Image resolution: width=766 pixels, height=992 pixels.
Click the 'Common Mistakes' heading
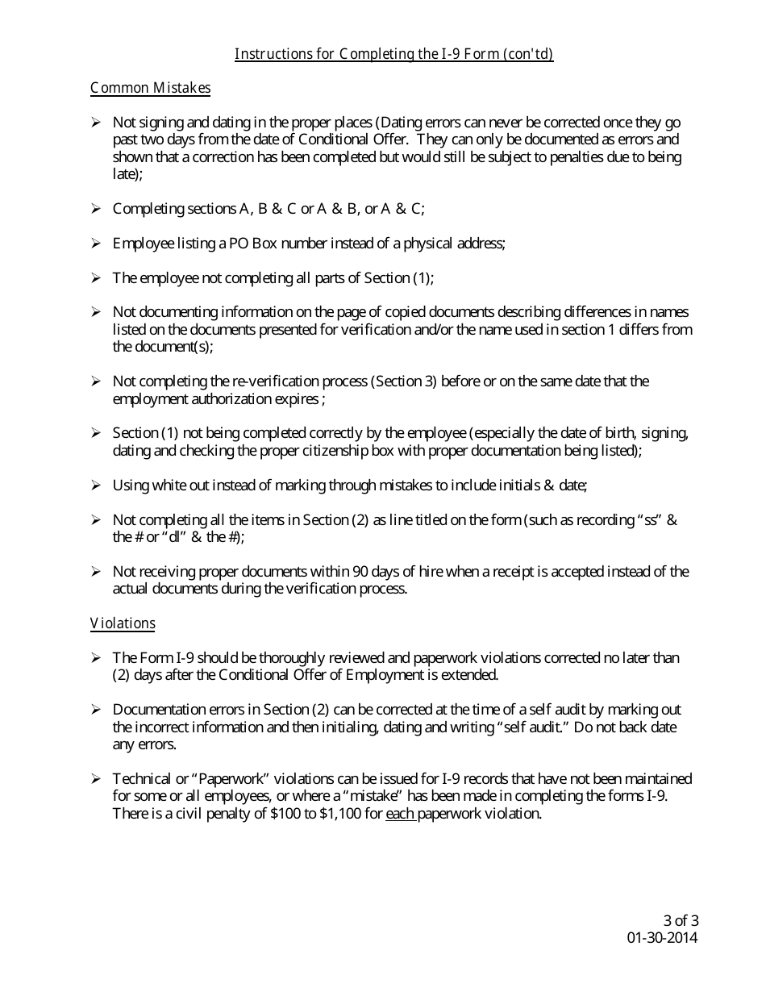pyautogui.click(x=150, y=88)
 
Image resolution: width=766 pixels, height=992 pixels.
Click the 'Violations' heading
pyautogui.click(x=123, y=623)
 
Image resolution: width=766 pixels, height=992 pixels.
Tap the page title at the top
pyautogui.click(x=393, y=54)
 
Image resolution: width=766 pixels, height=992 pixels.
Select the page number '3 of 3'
pyautogui.click(x=681, y=920)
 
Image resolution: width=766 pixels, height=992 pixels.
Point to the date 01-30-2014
pyautogui.click(x=662, y=937)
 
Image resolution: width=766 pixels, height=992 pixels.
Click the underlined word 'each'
pyautogui.click(x=400, y=814)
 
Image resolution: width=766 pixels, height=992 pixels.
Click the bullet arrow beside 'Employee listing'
pyautogui.click(x=95, y=244)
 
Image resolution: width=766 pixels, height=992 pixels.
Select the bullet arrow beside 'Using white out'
pyautogui.click(x=95, y=486)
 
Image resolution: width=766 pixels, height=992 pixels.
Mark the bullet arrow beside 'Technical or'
pyautogui.click(x=95, y=779)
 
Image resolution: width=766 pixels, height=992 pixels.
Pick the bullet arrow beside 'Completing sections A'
pyautogui.click(x=95, y=209)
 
